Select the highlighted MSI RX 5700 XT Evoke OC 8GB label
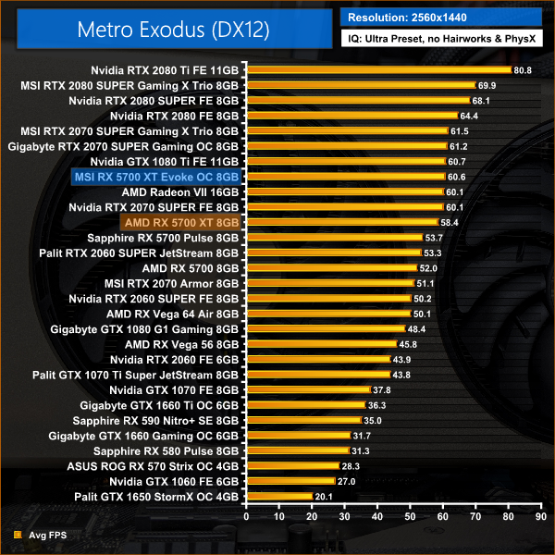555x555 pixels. pos(155,177)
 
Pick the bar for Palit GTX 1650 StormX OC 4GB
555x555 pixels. pos(278,496)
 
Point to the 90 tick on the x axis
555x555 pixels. pos(539,517)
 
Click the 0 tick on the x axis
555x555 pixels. pos(245,517)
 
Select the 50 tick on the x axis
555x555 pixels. pos(409,517)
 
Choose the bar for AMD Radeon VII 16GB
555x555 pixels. pos(343,191)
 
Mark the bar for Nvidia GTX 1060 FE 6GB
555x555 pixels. pos(290,481)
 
